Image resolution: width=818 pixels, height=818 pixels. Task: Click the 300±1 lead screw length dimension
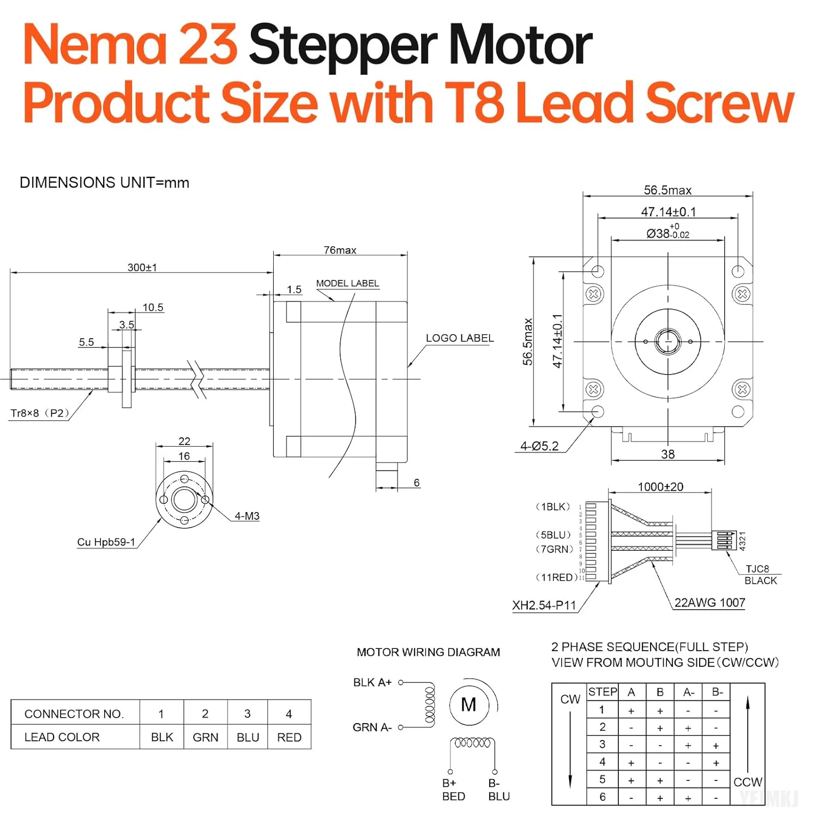(x=142, y=267)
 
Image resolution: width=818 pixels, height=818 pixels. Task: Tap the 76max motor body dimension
(x=340, y=250)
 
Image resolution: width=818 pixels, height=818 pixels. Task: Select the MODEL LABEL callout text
(x=347, y=283)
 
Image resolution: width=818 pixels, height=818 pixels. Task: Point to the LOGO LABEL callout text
(x=460, y=338)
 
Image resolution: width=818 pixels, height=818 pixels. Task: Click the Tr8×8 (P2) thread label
(x=40, y=413)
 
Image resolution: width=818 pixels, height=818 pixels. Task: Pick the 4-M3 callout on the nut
(x=247, y=516)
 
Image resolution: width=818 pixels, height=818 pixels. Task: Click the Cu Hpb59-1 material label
(x=106, y=542)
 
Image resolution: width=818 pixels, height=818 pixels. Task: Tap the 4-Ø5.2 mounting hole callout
(x=539, y=446)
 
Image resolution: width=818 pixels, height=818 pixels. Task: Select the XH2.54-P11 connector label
(x=544, y=605)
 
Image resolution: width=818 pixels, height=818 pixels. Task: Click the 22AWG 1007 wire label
(x=709, y=603)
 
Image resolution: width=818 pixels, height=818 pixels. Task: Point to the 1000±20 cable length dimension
(x=660, y=486)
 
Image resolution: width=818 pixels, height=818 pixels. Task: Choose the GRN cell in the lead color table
(x=206, y=737)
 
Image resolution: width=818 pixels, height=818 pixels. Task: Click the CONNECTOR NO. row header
(x=74, y=714)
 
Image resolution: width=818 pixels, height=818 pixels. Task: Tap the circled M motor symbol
(x=468, y=705)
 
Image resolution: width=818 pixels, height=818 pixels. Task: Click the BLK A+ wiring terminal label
(x=372, y=682)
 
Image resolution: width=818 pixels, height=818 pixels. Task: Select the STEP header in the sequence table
(x=603, y=691)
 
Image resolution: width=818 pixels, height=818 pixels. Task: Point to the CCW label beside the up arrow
(x=748, y=782)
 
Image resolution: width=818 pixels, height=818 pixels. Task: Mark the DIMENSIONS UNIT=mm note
(x=104, y=183)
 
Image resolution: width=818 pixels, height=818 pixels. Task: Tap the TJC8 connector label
(x=757, y=569)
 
